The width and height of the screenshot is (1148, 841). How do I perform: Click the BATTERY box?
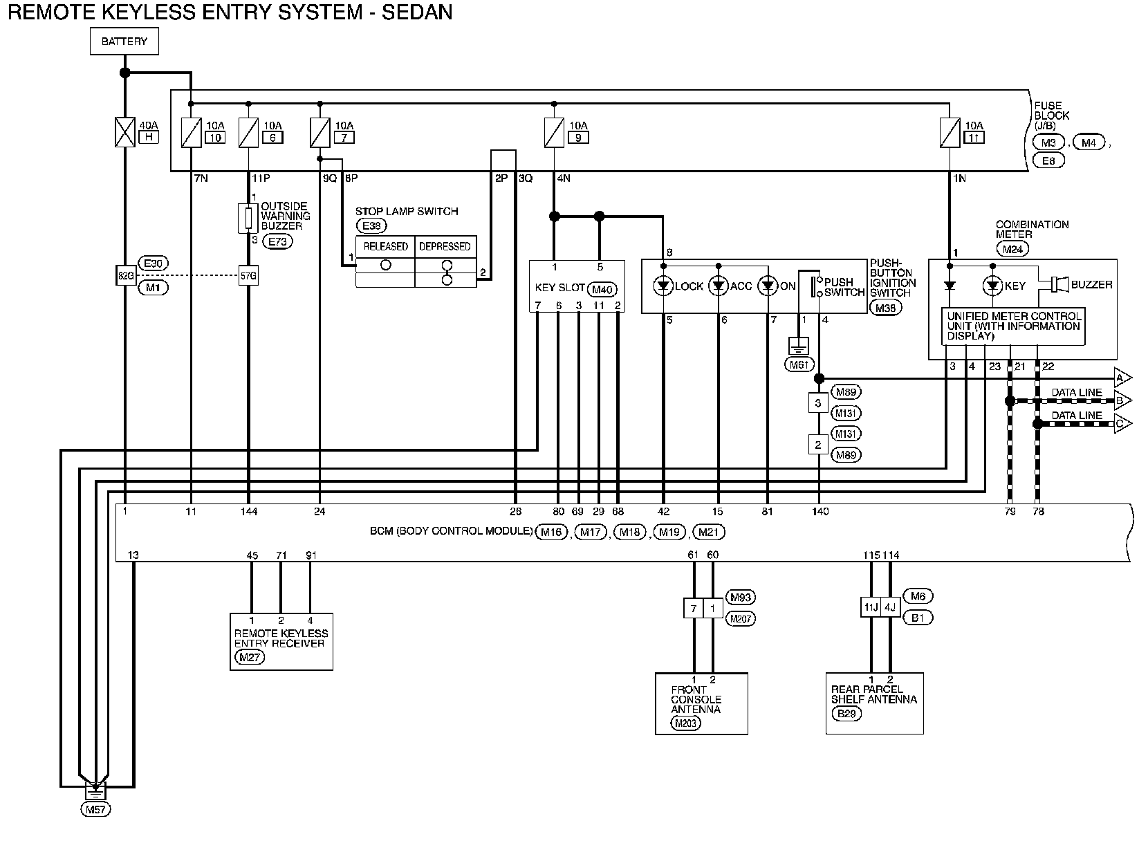click(x=124, y=41)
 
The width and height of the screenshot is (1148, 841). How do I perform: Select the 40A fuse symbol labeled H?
click(x=124, y=132)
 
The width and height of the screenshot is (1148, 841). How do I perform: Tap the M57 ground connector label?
click(x=96, y=809)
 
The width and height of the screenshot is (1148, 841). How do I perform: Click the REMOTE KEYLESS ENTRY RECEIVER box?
click(x=281, y=642)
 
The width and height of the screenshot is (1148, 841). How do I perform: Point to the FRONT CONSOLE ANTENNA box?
click(x=702, y=703)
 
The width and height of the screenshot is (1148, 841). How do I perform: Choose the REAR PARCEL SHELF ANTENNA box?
click(x=874, y=703)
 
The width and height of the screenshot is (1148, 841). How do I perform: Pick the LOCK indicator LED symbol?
click(x=663, y=286)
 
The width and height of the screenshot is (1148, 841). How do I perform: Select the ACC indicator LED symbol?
click(x=719, y=286)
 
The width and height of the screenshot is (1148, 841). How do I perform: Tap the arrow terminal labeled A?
click(x=1122, y=378)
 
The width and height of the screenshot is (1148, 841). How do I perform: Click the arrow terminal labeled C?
click(x=1122, y=423)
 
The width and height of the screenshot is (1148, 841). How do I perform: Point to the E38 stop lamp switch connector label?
click(x=371, y=225)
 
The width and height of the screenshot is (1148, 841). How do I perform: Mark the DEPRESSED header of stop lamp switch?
click(x=445, y=246)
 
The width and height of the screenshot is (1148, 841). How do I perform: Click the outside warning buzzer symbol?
click(x=248, y=219)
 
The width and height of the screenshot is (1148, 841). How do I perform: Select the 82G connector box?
click(x=126, y=276)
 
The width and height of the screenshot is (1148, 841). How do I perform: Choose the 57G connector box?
click(x=248, y=276)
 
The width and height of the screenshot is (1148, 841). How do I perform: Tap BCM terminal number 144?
click(x=249, y=512)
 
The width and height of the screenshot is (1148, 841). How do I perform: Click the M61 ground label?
click(x=799, y=364)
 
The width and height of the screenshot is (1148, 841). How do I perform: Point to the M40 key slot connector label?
click(x=602, y=290)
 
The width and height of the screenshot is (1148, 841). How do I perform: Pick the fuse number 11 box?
click(x=974, y=138)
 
